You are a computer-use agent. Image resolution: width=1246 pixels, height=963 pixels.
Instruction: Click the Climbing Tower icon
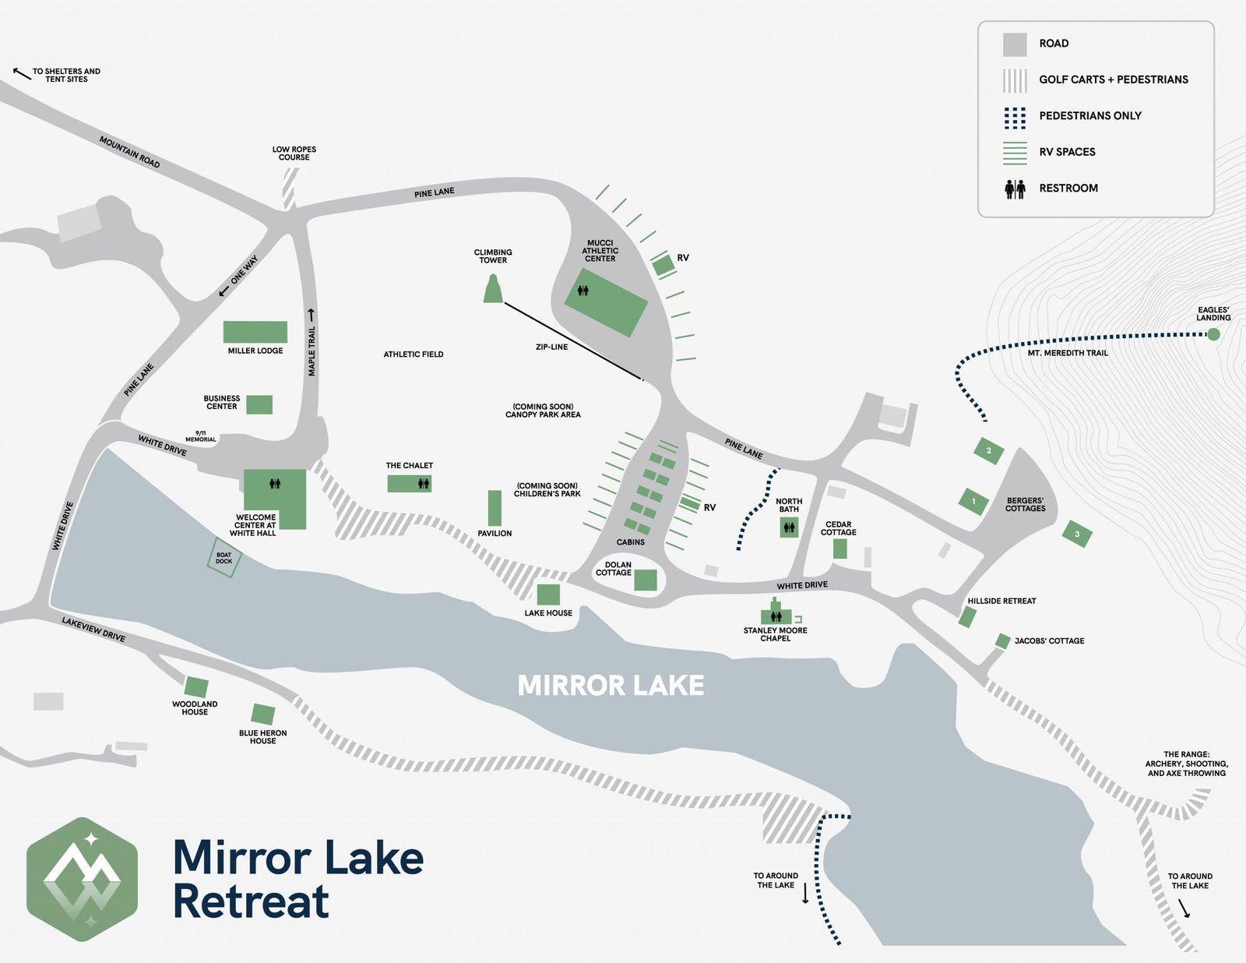point(493,289)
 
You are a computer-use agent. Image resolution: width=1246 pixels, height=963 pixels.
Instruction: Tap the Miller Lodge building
point(255,332)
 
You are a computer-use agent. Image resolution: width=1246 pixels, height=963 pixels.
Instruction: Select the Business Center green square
point(259,404)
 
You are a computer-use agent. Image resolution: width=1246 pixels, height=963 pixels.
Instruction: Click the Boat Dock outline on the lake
point(224,558)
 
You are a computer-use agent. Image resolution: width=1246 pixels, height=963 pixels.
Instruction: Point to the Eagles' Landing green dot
point(1213,334)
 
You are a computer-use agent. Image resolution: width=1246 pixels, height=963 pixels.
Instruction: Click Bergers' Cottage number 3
point(1077,534)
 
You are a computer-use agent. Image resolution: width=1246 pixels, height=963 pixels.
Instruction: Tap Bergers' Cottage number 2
point(988,450)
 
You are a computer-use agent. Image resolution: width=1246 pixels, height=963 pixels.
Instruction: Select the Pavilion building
point(495,508)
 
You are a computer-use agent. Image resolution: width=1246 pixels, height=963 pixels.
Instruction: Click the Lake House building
point(548,594)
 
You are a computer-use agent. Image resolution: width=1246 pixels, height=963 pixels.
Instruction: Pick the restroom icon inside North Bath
point(789,527)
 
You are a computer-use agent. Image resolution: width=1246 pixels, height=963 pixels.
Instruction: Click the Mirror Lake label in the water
point(611,686)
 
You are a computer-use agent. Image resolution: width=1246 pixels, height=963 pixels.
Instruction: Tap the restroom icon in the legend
point(1015,189)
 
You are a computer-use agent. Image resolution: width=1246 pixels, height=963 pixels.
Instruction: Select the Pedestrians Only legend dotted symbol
point(1015,118)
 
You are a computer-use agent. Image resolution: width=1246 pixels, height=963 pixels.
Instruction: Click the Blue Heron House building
point(263,714)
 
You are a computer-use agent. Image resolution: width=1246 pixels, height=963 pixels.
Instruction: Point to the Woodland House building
point(196,687)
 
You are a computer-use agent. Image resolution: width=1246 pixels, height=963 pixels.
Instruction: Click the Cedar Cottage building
point(839,549)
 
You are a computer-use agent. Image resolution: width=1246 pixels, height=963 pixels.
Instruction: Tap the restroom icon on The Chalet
point(423,484)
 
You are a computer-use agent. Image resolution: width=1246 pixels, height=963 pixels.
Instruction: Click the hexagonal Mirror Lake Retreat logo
point(83,879)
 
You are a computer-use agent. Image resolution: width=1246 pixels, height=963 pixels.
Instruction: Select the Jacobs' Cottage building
point(1003,640)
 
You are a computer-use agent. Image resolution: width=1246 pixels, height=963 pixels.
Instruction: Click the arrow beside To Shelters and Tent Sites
point(21,74)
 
